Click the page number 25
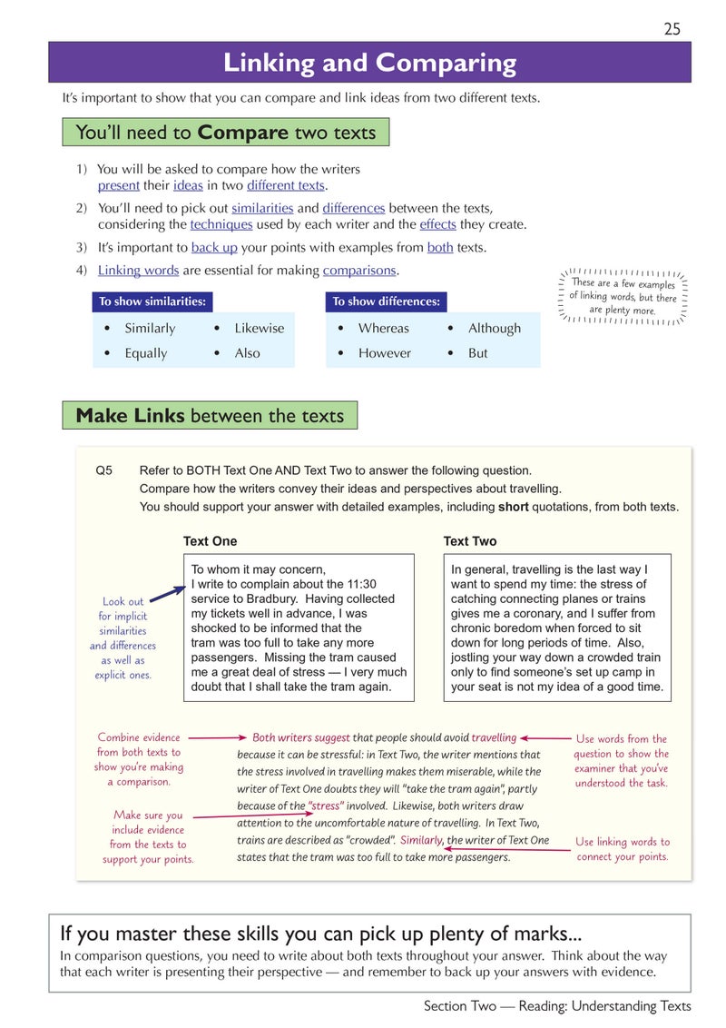click(x=672, y=29)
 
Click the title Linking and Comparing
click(x=369, y=63)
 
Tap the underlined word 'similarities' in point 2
click(x=262, y=208)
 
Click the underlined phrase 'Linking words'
click(x=138, y=270)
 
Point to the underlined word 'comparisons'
click(x=359, y=270)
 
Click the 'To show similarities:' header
click(x=152, y=301)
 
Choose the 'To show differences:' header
click(x=386, y=301)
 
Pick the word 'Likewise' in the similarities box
click(x=259, y=328)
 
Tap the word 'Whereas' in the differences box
click(x=383, y=328)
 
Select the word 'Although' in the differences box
click(x=495, y=328)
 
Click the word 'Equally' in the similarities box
click(x=146, y=353)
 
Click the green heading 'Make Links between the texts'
click(x=210, y=416)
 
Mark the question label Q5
click(x=104, y=470)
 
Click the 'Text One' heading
click(x=210, y=541)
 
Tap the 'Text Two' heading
click(x=469, y=541)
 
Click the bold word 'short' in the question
click(x=514, y=507)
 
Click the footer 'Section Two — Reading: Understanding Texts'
click(x=556, y=1005)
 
